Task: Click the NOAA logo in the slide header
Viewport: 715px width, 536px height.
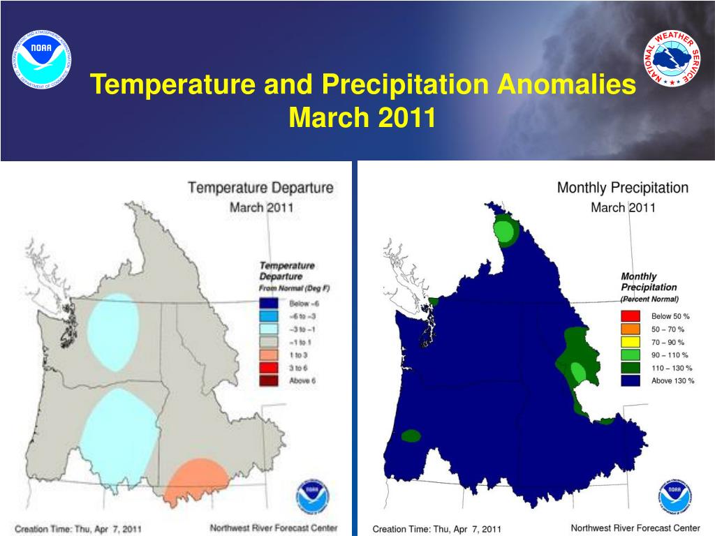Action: (42, 59)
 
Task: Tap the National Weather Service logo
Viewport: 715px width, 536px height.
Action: (672, 59)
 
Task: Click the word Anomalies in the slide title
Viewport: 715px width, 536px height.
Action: (563, 86)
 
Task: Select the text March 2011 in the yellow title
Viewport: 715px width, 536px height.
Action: (362, 117)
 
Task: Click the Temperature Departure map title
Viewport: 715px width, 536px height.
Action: (260, 188)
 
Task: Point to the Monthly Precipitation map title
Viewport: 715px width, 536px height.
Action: (622, 188)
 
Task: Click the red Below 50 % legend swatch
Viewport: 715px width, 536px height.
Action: (630, 316)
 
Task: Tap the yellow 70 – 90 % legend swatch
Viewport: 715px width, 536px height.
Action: (630, 342)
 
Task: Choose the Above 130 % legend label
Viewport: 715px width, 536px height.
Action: (672, 381)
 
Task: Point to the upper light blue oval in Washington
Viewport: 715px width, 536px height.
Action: (114, 332)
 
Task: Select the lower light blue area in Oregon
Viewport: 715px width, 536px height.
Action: (119, 436)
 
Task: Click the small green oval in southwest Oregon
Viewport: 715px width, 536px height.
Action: (411, 435)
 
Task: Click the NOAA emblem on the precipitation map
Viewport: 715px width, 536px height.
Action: (675, 496)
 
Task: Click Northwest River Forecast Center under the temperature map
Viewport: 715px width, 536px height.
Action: (274, 528)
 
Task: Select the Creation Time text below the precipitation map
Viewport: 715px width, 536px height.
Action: (436, 529)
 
